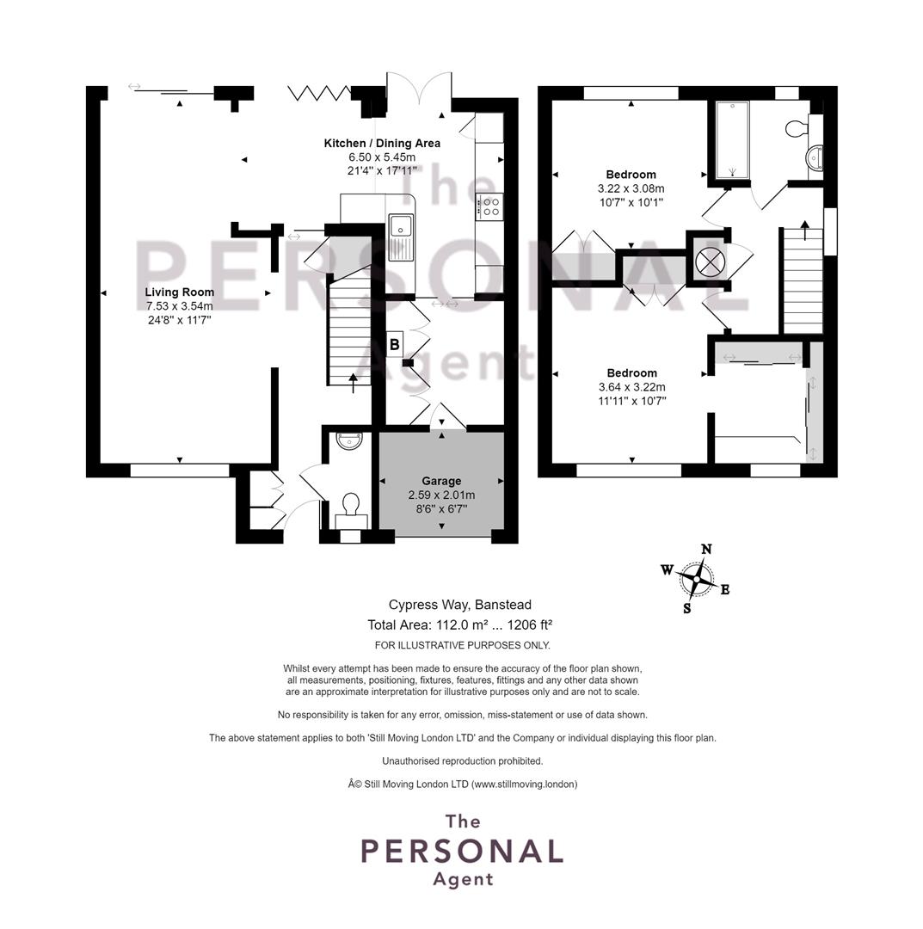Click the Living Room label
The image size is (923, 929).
click(180, 292)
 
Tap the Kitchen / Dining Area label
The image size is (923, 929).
click(382, 144)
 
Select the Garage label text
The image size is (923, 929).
click(441, 481)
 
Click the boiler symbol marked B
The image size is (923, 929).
click(395, 344)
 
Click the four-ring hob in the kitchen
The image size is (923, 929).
click(490, 206)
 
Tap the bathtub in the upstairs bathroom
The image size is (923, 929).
click(732, 140)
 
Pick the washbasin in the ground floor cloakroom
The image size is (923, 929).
click(349, 440)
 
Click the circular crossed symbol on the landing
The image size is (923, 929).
click(710, 261)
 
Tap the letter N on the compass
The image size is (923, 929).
click(706, 549)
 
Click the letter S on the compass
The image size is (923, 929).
click(687, 608)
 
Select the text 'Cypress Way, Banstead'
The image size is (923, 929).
click(459, 605)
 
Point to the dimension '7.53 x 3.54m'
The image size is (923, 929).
click(180, 306)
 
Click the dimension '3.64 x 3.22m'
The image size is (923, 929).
click(632, 387)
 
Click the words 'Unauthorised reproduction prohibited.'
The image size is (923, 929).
click(462, 760)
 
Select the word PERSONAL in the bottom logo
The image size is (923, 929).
click(462, 852)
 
